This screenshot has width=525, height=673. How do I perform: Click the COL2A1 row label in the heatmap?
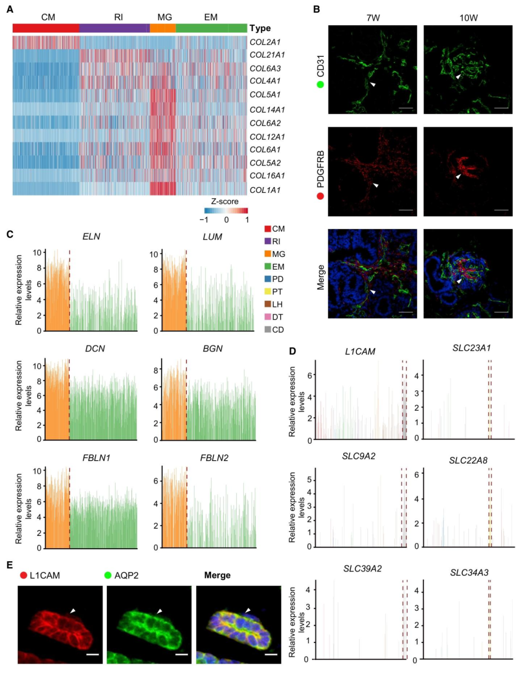(x=265, y=42)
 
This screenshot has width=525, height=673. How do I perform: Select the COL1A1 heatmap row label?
(x=265, y=190)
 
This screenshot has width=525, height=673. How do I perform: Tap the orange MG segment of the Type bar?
(x=162, y=28)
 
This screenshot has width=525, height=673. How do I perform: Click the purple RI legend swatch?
(x=267, y=241)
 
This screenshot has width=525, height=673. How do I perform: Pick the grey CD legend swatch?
(x=267, y=329)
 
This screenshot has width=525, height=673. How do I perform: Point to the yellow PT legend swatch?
(x=267, y=292)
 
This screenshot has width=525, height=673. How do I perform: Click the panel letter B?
(x=316, y=9)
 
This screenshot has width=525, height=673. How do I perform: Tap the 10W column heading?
(x=468, y=18)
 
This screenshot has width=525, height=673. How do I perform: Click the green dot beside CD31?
(x=320, y=85)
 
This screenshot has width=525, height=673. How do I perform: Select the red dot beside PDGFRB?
(x=320, y=196)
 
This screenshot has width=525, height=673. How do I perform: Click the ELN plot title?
(x=91, y=237)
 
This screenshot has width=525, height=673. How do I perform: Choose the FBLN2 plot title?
(x=214, y=458)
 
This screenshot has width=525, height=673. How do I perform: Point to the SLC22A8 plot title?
(x=468, y=460)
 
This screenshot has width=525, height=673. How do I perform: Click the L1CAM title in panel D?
(x=360, y=351)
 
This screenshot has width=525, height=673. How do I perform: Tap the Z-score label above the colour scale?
(x=225, y=201)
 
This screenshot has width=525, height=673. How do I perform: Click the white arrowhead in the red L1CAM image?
(x=73, y=611)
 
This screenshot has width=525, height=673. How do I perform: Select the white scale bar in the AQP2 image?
(x=181, y=654)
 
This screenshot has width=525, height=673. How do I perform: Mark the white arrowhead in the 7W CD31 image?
(x=373, y=85)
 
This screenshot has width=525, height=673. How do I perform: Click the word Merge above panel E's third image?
(x=217, y=575)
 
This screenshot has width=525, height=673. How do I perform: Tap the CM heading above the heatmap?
(x=48, y=17)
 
